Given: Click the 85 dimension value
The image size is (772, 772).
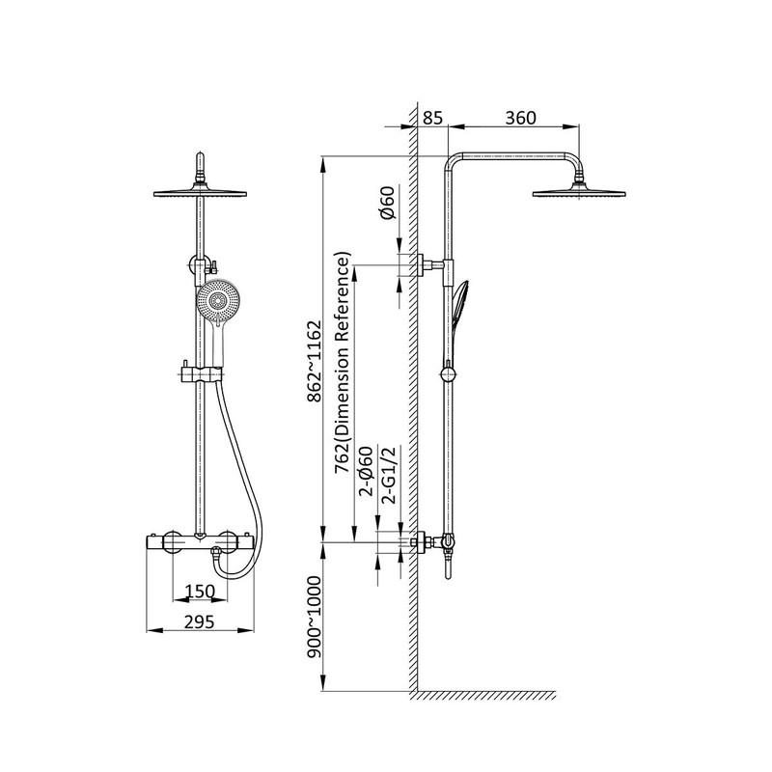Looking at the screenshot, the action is click(432, 118).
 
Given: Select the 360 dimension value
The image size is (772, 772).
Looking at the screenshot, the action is click(520, 118).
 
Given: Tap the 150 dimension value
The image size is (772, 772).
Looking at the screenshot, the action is click(200, 591).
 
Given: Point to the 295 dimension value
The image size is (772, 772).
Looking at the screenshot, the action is click(200, 622).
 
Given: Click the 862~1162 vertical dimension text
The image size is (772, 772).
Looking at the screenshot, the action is click(315, 362).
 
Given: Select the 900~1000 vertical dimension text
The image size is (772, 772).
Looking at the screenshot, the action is click(315, 618).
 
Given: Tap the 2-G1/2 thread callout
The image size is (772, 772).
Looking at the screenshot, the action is click(389, 475).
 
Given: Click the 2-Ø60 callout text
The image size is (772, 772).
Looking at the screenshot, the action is click(367, 471).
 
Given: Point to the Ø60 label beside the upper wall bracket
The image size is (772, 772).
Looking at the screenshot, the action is click(388, 203).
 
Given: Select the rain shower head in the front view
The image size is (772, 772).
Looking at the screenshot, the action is click(200, 193).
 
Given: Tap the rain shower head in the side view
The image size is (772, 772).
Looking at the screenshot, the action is click(579, 192).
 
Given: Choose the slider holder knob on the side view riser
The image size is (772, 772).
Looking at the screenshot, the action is click(448, 373).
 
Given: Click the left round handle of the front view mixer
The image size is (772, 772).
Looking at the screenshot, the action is click(174, 542).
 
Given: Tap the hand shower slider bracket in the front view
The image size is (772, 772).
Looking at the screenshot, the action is click(203, 374).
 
